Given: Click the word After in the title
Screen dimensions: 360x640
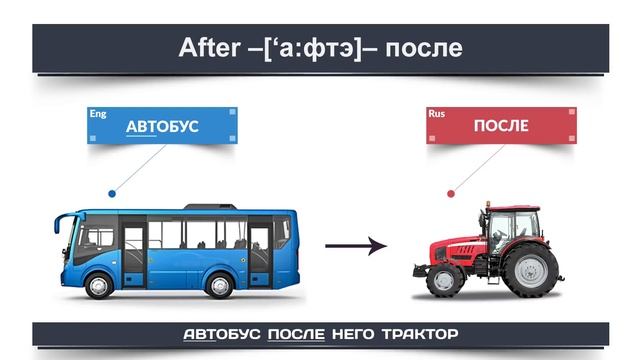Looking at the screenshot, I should click(x=206, y=47).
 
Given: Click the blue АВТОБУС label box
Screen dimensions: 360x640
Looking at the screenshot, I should click(x=162, y=127).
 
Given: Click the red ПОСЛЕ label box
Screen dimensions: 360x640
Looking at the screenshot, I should click(x=501, y=127).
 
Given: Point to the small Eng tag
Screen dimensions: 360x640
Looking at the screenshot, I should click(x=98, y=114).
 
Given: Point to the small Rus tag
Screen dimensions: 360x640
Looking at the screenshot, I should click(x=436, y=114).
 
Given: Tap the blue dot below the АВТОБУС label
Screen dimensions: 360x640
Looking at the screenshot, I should click(x=112, y=193).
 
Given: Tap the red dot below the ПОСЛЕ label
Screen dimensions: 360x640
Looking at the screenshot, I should click(x=451, y=193).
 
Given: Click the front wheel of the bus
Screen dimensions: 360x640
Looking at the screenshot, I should click(x=98, y=285).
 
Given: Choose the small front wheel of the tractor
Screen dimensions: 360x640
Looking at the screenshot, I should click(x=443, y=280).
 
